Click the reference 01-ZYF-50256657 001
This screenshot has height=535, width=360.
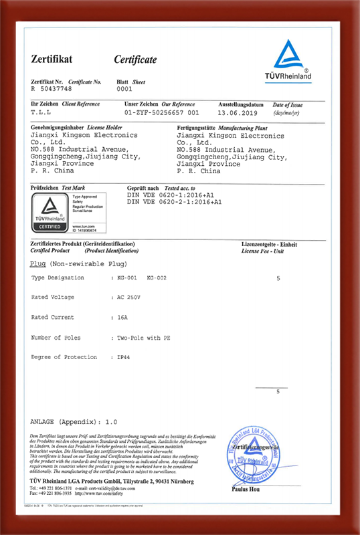(x=162, y=113)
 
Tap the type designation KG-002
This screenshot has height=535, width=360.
(x=157, y=277)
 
